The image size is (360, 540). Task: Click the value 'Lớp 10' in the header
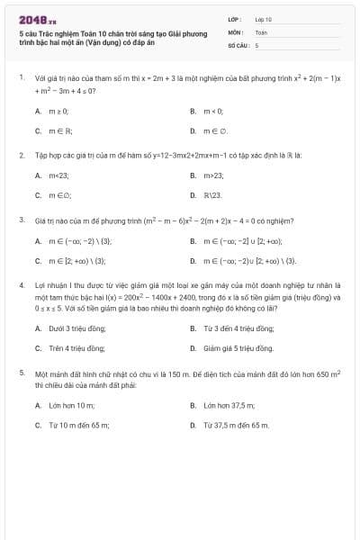[x=264, y=19]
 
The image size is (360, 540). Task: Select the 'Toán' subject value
[x=261, y=31]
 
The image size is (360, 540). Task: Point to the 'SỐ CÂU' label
[x=237, y=44]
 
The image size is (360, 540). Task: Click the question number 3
[x=21, y=220]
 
